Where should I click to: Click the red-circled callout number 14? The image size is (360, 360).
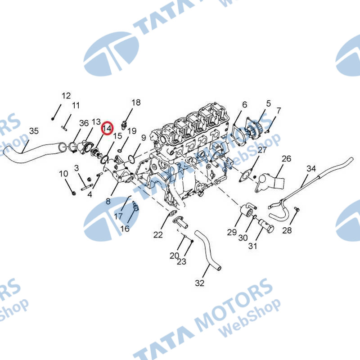click(x=107, y=129)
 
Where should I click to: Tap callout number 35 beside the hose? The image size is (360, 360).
click(x=34, y=131)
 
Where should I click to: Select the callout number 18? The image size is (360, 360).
click(x=136, y=103)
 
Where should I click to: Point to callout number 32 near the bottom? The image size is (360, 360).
click(x=200, y=283)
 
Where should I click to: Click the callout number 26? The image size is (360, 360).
click(x=287, y=159)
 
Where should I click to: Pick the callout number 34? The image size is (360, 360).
click(x=311, y=169)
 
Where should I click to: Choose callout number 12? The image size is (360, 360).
click(x=66, y=95)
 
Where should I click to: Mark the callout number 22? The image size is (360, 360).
click(x=158, y=234)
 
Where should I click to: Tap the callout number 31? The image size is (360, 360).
click(x=253, y=246)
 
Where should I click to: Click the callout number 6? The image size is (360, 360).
click(x=244, y=105)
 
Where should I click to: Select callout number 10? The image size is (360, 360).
click(x=63, y=174)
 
